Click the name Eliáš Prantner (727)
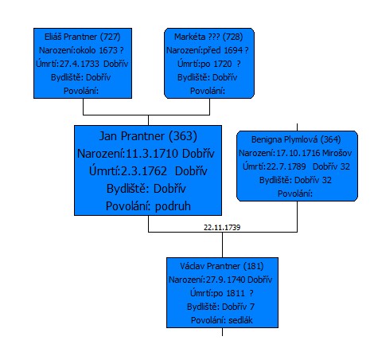coord(83,37)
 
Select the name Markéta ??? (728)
coord(208,37)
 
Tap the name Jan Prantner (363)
coord(148,136)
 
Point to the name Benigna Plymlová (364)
coord(296,139)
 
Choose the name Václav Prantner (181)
coord(222,266)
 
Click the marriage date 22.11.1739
coord(222,228)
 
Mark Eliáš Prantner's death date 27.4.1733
coord(80,64)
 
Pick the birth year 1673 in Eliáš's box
coord(108,50)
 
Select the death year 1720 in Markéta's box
coord(223,64)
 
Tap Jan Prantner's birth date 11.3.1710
coord(151,154)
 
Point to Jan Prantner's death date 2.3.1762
coord(144,171)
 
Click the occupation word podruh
coord(173,206)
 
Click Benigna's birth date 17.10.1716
coord(298,153)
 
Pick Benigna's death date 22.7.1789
coord(286,166)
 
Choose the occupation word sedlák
coord(240,320)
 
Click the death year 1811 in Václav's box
coord(236,293)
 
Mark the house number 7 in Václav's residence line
coord(252,307)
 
